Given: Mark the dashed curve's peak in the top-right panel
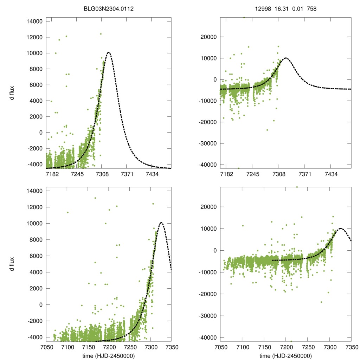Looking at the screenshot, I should (285, 58).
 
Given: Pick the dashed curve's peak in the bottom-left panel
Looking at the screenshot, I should (161, 222).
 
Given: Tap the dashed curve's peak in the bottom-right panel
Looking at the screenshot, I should (340, 229).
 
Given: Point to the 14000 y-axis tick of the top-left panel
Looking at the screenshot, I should (34, 21).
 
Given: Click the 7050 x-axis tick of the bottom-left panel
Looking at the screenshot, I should (46, 347).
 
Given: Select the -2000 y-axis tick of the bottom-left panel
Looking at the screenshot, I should (34, 321).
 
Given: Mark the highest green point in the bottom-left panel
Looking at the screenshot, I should (95, 198).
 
